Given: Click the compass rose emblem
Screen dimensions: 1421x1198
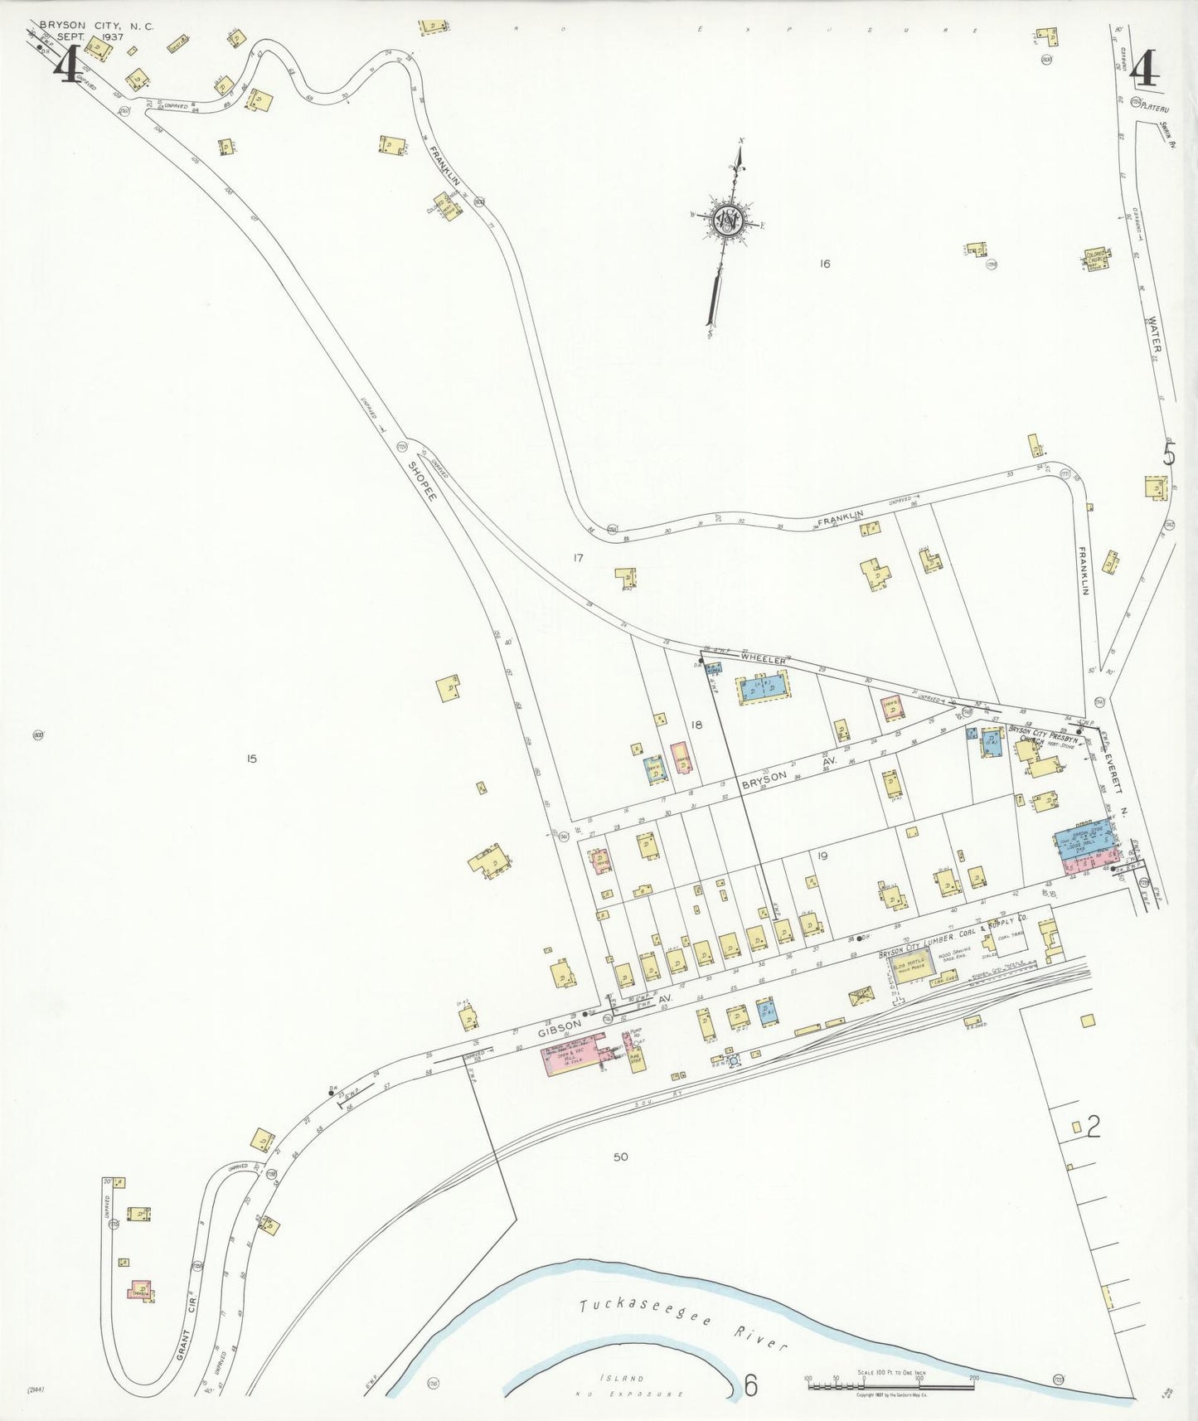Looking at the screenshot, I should pos(727,221).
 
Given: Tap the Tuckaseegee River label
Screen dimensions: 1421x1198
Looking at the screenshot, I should pos(681,1323).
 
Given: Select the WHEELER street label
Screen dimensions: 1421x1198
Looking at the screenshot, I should pos(763,658).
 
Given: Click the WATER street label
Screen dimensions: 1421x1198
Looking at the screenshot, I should pos(1155,337).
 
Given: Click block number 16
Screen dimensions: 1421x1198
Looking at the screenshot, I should pos(823,264).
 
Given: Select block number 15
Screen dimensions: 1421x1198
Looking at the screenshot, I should pos(251,758).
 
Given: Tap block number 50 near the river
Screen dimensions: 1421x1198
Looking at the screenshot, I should pos(621,1157).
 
